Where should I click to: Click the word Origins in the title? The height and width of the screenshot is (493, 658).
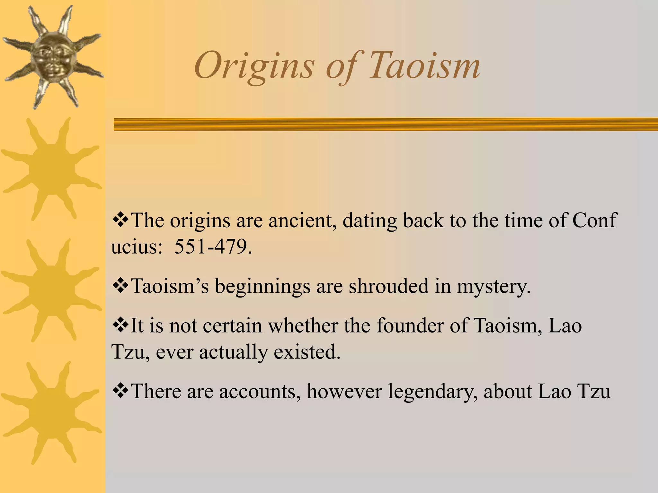(254, 67)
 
